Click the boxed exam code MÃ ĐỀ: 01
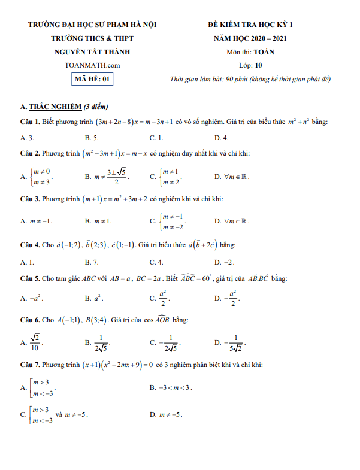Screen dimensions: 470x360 (x=92, y=78)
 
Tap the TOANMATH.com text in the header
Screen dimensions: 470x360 (x=92, y=65)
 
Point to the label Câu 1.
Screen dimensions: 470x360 (x=30, y=122)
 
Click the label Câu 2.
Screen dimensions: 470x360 (x=30, y=153)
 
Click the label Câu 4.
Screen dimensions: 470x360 (x=30, y=245)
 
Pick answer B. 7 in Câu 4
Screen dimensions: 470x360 (x=91, y=262)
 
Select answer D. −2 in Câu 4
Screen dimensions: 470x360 (x=224, y=262)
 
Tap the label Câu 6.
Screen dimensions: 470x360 (x=30, y=320)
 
